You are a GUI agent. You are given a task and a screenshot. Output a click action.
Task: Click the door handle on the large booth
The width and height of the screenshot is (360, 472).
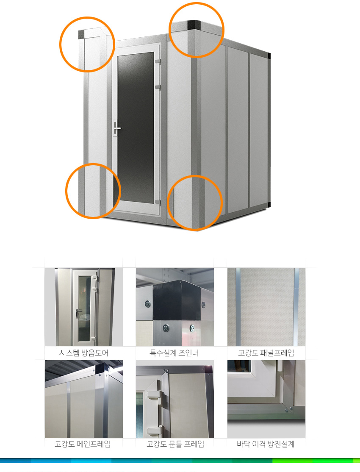(x=116, y=128)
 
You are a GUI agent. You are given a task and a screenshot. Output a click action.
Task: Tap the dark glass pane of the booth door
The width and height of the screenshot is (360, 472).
(x=136, y=128)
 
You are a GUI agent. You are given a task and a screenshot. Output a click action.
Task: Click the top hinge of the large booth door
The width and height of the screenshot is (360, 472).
(x=158, y=62)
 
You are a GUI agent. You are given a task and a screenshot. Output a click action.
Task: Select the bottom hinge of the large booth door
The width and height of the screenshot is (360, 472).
(x=158, y=202)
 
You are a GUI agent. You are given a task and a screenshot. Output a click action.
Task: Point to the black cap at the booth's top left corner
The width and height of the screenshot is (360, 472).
(x=81, y=34)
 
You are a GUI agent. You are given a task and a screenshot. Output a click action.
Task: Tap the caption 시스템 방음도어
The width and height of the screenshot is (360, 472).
(x=83, y=353)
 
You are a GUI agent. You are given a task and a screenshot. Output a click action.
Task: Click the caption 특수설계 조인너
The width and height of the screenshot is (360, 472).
(x=174, y=353)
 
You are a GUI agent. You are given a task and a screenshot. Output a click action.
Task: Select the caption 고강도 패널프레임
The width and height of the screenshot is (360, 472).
(x=266, y=353)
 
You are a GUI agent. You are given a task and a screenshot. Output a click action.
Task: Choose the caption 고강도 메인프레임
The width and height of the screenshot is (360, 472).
(x=83, y=444)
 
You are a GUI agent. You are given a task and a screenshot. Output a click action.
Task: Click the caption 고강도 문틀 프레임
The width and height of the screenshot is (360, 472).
(x=175, y=444)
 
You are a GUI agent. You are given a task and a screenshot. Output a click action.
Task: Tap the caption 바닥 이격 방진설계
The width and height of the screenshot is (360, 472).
(x=266, y=444)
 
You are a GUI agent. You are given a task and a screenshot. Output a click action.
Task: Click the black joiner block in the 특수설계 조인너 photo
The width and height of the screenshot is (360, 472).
(x=176, y=300)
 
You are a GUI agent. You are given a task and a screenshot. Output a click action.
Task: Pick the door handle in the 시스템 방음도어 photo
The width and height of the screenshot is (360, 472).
(x=78, y=312)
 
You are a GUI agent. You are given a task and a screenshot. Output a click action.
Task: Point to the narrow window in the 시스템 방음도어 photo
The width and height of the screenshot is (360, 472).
(x=84, y=308)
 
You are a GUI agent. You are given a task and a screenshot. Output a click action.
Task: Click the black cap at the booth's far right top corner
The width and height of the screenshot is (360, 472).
(x=269, y=56)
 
